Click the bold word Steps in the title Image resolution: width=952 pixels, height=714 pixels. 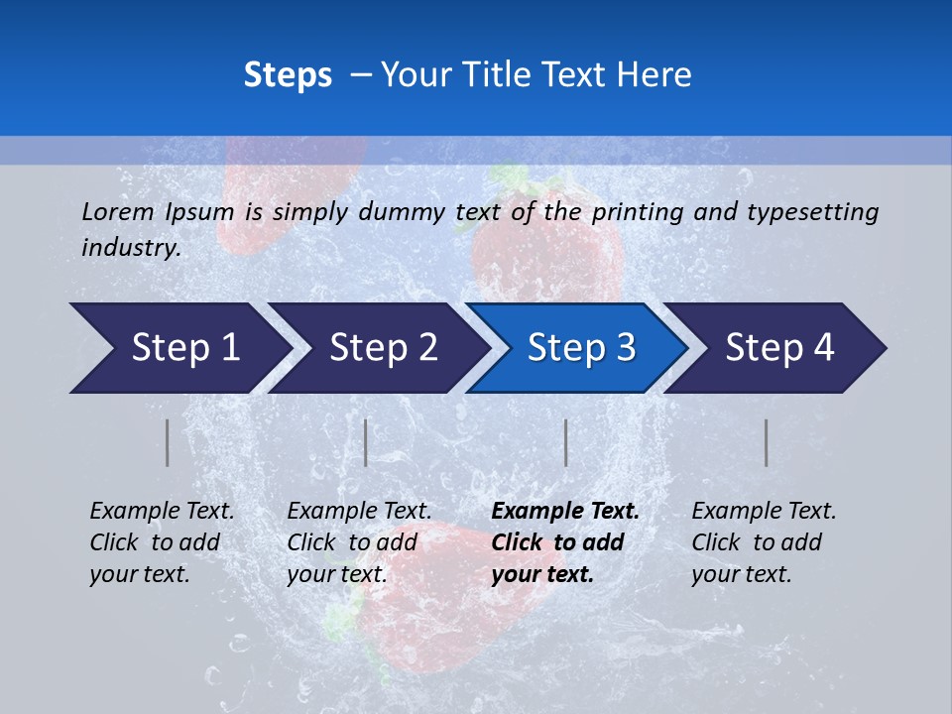click(288, 75)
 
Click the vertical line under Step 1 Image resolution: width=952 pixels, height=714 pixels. click(168, 442)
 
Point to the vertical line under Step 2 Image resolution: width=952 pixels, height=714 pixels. click(366, 442)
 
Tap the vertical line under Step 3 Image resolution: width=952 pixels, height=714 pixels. click(565, 442)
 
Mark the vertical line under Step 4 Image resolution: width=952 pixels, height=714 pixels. click(766, 442)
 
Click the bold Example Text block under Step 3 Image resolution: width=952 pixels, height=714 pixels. click(565, 542)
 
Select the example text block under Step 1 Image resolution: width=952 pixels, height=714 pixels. click(162, 542)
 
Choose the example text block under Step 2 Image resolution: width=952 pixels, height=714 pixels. click(359, 542)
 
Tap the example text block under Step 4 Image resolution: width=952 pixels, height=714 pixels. click(764, 542)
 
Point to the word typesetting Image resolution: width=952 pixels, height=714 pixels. click(812, 211)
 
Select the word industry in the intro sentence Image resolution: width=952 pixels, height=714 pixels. click(131, 248)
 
